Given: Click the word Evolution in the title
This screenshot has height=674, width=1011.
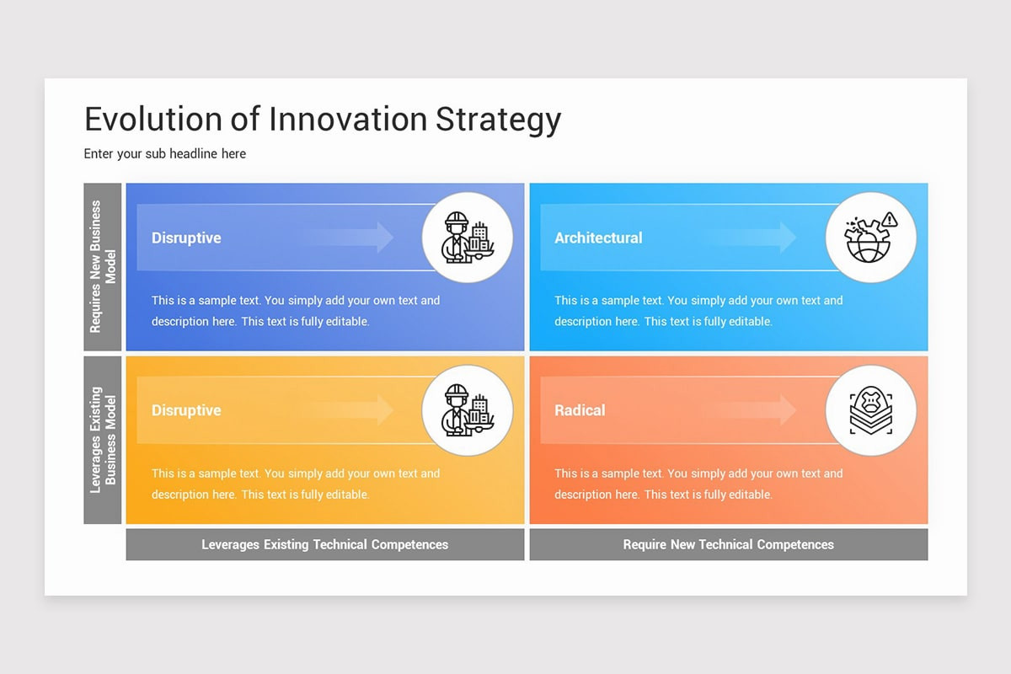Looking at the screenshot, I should (x=153, y=119).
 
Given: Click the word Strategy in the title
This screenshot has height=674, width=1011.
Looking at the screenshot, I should (x=498, y=120).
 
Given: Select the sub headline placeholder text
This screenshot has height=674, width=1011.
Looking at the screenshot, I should (x=165, y=153).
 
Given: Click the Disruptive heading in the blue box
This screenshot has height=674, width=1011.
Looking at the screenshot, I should (x=186, y=238).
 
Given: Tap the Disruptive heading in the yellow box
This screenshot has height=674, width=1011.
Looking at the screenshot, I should (x=186, y=410).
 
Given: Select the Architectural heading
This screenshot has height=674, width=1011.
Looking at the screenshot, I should (x=598, y=238).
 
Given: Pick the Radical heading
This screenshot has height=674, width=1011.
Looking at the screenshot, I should (x=580, y=410).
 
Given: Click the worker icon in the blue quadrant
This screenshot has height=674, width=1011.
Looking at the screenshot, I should (x=468, y=237).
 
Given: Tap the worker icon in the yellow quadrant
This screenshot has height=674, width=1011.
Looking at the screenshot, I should (x=468, y=410).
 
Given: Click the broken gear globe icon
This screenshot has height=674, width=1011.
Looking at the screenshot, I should (x=870, y=237).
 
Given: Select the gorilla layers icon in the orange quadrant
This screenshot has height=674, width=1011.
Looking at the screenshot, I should (x=870, y=410).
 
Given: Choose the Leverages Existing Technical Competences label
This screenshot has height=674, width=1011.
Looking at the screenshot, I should (x=324, y=544).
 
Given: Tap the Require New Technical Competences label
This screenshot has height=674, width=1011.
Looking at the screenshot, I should (x=728, y=544).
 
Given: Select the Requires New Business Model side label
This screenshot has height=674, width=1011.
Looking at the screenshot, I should (x=103, y=266).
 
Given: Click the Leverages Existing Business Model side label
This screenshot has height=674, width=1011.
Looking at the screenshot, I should (x=103, y=439).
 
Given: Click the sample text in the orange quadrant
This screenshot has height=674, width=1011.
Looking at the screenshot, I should (x=698, y=484).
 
